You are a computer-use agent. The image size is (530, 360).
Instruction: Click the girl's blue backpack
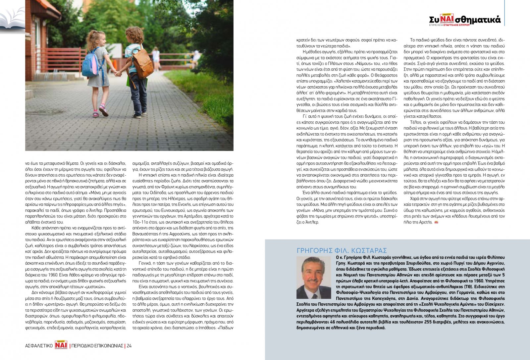(90, 63)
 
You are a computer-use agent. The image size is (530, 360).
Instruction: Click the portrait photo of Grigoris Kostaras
(314, 278)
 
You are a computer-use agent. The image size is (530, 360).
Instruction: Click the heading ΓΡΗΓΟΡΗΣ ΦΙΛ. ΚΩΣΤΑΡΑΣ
(342, 251)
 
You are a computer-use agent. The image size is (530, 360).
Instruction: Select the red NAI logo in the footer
(61, 345)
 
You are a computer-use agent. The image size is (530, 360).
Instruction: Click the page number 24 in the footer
(129, 346)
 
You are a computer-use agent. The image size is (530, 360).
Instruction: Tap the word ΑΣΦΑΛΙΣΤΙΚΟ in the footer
(39, 346)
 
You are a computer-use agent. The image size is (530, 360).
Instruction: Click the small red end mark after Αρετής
(436, 222)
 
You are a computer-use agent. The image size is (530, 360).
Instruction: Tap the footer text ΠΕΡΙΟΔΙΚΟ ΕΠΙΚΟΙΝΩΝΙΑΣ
(97, 346)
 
